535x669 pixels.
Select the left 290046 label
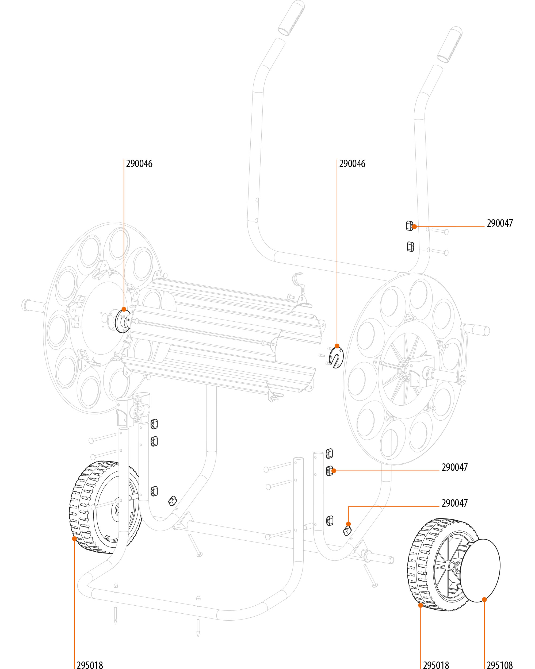coord(139,164)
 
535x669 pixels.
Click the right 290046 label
coord(352,164)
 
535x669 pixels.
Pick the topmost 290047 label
coord(500,223)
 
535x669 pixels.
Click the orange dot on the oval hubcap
coord(484,599)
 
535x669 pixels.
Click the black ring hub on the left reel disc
coord(122,321)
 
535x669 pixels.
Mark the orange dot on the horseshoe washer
coord(337,346)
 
